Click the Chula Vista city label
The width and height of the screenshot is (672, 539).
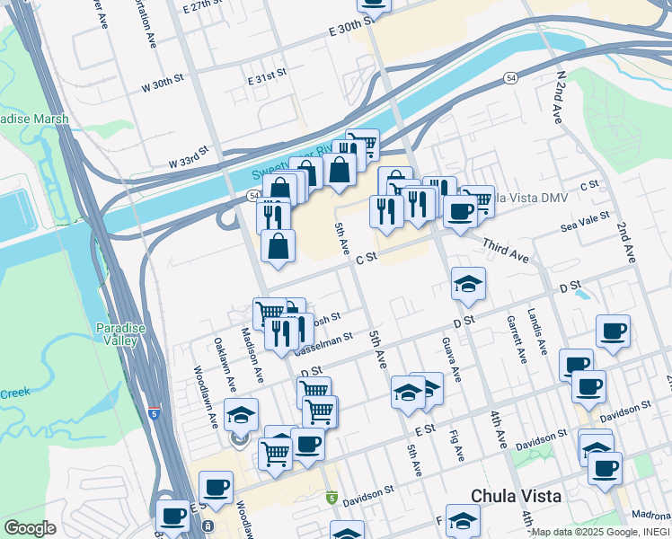click(517, 496)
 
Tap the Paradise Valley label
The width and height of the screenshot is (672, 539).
click(120, 334)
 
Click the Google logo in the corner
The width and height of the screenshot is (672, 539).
click(30, 528)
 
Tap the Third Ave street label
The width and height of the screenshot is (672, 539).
click(505, 251)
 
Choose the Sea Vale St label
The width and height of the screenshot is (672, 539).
click(585, 222)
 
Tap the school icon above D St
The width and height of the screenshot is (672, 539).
click(468, 285)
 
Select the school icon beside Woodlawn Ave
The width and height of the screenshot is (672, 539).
click(241, 415)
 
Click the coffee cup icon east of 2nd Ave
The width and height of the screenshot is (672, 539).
click(614, 331)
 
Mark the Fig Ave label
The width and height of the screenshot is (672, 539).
click(457, 444)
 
